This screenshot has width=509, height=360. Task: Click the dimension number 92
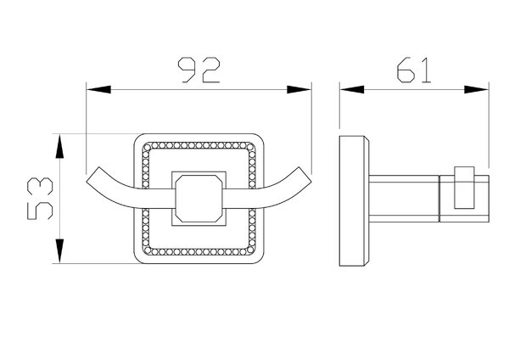click(199, 70)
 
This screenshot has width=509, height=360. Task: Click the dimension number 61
click(414, 70)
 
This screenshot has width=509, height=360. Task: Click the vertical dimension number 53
click(40, 199)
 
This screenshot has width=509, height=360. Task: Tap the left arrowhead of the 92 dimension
click(98, 90)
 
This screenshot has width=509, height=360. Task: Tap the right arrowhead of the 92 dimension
click(299, 90)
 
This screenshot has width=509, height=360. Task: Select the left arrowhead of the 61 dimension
click(352, 90)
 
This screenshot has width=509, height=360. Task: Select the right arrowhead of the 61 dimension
click(476, 90)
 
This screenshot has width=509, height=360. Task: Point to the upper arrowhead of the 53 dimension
click(59, 147)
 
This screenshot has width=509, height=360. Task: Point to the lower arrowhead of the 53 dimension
click(59, 250)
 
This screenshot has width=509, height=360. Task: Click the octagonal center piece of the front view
click(199, 199)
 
